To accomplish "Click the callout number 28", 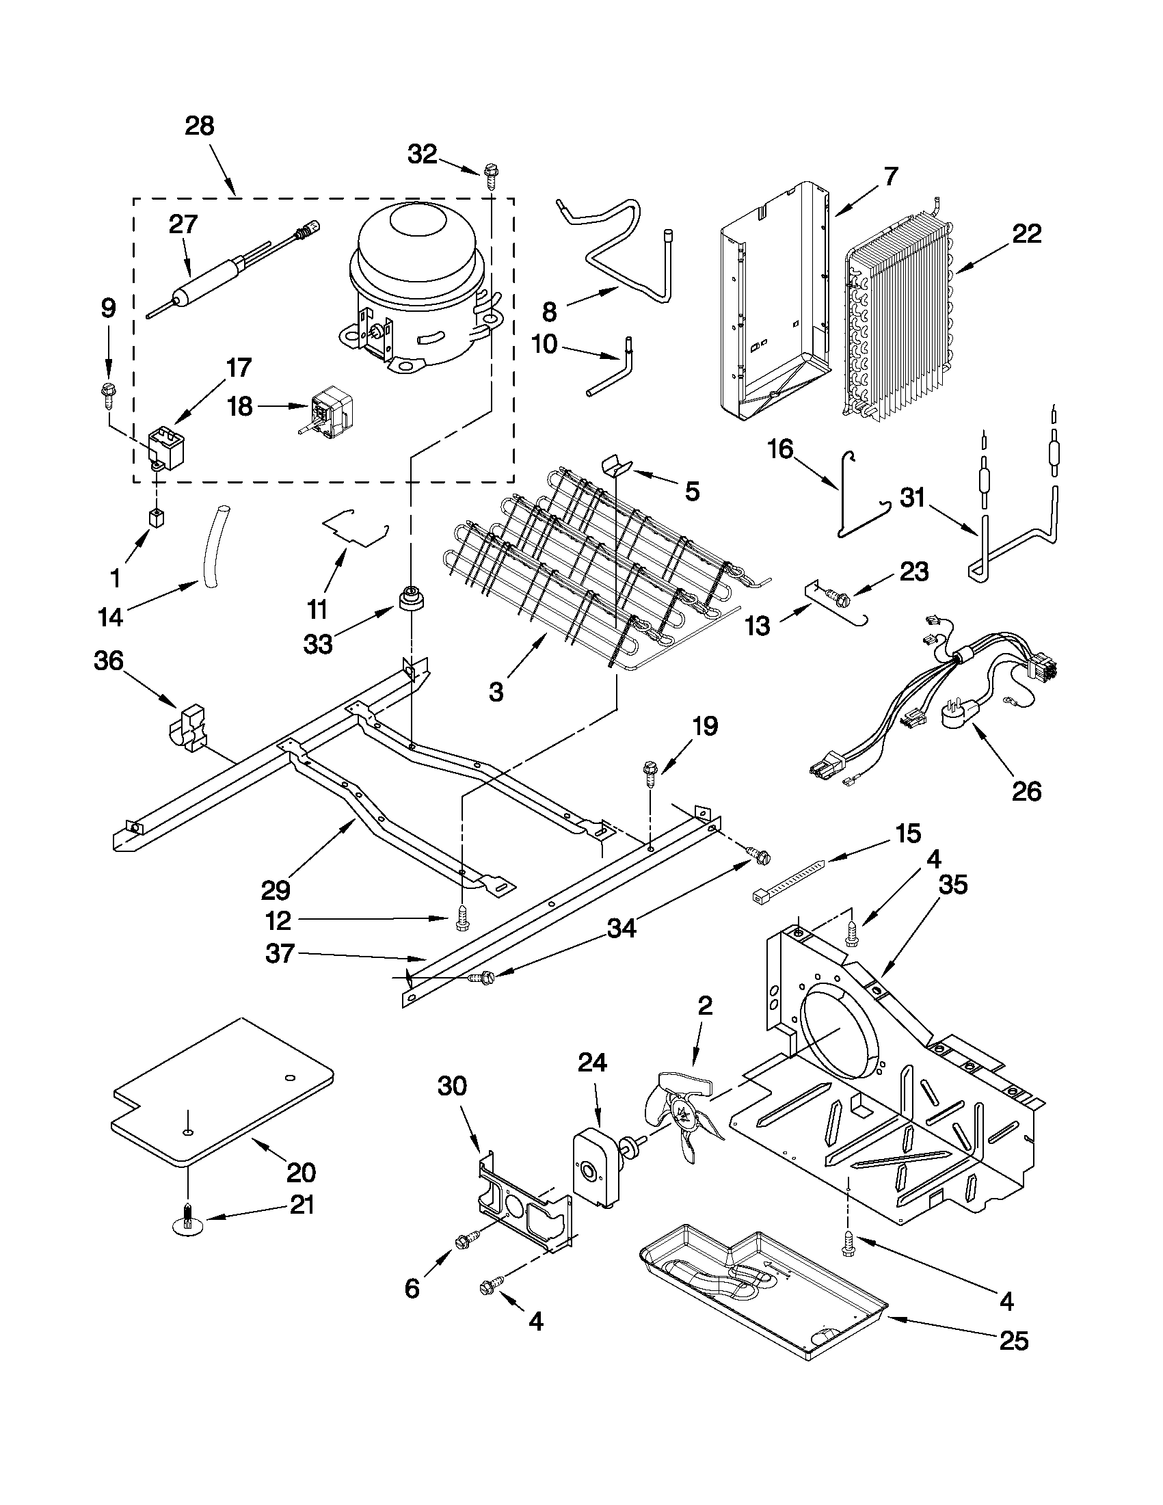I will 200,126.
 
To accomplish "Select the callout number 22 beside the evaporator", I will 1026,235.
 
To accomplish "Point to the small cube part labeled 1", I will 157,517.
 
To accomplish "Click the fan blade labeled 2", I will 682,1115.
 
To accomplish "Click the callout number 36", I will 108,661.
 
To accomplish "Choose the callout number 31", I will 913,498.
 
